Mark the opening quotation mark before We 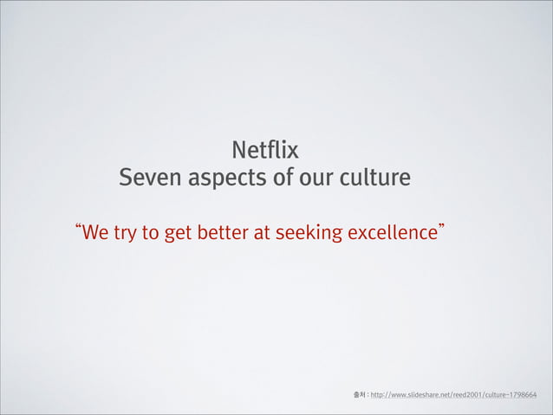click(80, 229)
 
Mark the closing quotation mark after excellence click(443, 229)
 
